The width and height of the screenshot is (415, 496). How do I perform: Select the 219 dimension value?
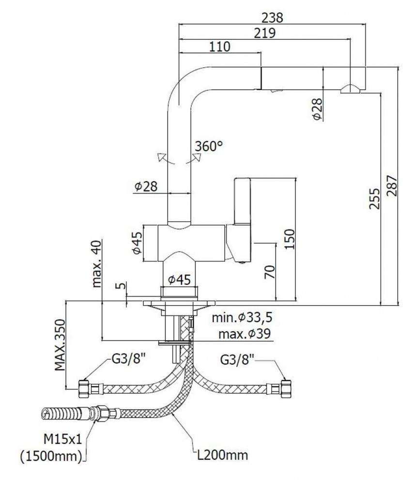[x=264, y=33]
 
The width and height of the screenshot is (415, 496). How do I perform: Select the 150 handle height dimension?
[x=289, y=239]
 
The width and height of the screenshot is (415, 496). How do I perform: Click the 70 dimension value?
[x=270, y=272]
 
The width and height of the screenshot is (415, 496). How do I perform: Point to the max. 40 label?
[x=97, y=264]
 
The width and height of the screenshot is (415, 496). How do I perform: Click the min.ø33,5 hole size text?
[x=242, y=318]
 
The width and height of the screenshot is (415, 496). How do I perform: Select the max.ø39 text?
[x=244, y=334]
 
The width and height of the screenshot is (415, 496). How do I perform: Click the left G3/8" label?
[x=129, y=360]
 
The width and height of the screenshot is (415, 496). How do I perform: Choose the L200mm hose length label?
[x=222, y=454]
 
